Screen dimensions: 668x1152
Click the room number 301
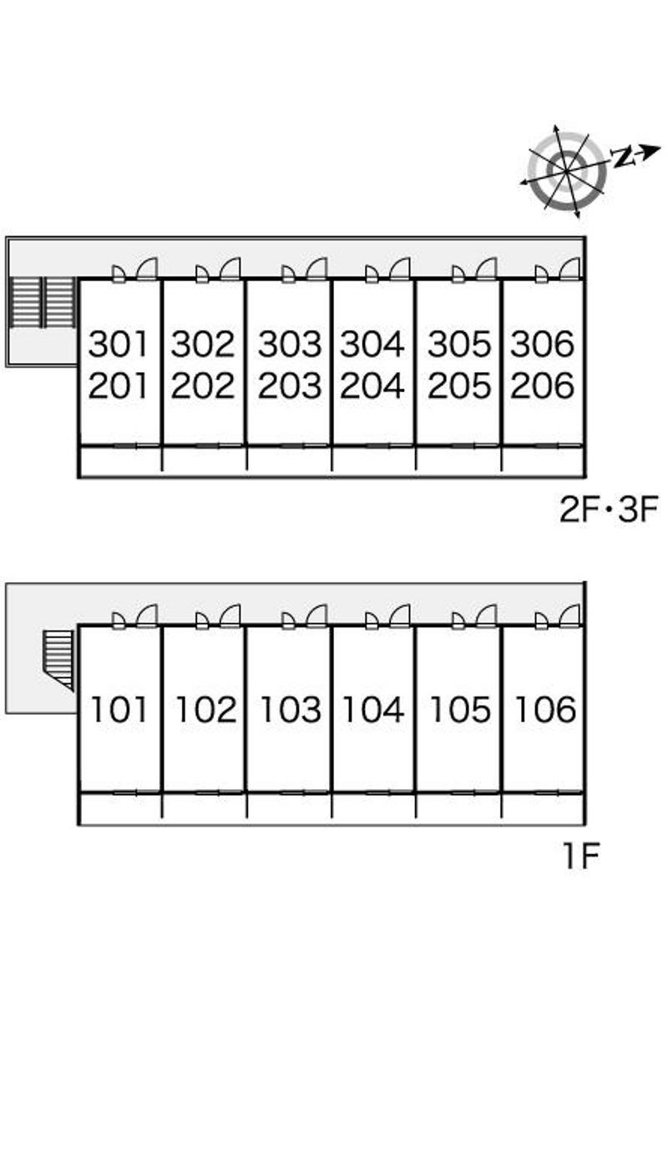[x=118, y=344]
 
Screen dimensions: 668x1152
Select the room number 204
[x=372, y=385]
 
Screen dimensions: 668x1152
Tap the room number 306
[x=542, y=344]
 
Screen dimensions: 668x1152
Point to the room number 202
[x=203, y=385]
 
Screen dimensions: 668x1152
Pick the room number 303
[x=290, y=344]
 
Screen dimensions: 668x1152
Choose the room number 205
[x=459, y=385]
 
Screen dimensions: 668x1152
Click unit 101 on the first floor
[x=119, y=710]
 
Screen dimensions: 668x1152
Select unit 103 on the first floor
[x=291, y=710]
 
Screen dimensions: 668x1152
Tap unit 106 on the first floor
[x=545, y=710]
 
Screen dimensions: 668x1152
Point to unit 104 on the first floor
[x=373, y=710]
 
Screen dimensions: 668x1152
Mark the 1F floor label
[x=581, y=857]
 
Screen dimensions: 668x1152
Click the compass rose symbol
[x=566, y=171]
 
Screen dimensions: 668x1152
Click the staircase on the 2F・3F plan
[x=43, y=303]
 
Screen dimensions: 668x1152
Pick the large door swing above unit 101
[x=147, y=616]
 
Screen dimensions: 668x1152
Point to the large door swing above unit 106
[x=569, y=616]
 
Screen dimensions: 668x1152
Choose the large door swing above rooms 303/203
[x=316, y=269]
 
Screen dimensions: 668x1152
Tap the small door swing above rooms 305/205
[x=458, y=274]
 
